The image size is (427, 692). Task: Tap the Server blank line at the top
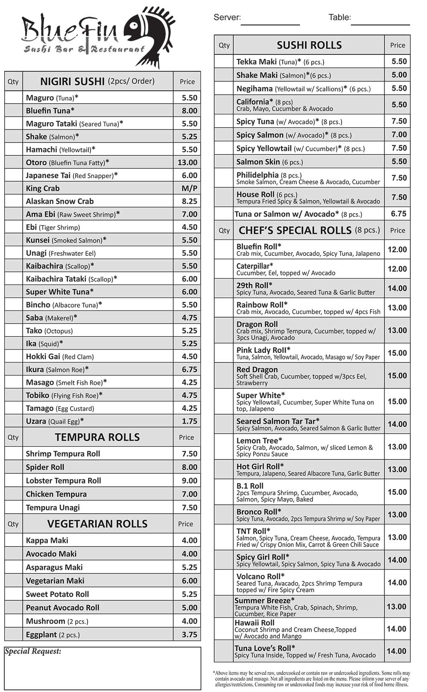pyautogui.click(x=270, y=24)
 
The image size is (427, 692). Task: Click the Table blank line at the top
pyautogui.click(x=380, y=24)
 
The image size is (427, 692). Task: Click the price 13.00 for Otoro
pyautogui.click(x=187, y=162)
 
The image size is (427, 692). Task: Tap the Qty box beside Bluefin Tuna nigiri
pyautogui.click(x=13, y=111)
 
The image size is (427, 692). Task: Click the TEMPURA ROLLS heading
pyautogui.click(x=97, y=437)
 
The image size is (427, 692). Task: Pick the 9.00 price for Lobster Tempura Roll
pyautogui.click(x=189, y=481)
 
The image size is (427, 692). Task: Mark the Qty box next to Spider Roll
pyautogui.click(x=13, y=467)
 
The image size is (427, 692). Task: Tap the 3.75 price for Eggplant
pyautogui.click(x=189, y=635)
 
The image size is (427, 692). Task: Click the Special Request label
pyautogui.click(x=33, y=651)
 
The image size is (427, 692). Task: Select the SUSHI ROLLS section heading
pyautogui.click(x=309, y=45)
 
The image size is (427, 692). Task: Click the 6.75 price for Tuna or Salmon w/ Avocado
pyautogui.click(x=399, y=214)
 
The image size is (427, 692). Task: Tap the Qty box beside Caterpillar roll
pyautogui.click(x=224, y=269)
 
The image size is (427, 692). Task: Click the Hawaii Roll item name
pyautogui.click(x=254, y=623)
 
